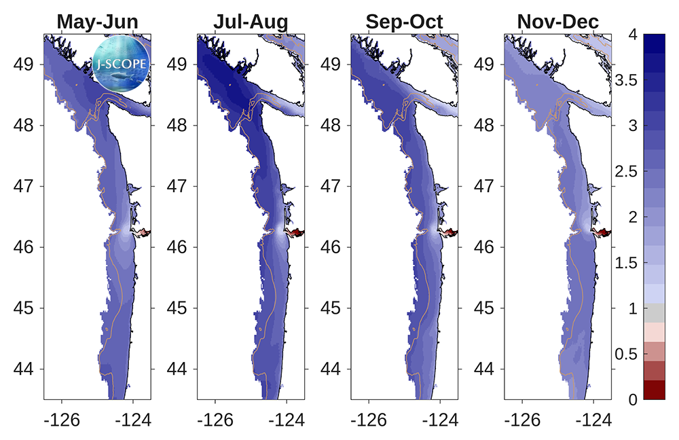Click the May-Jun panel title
(x=97, y=22)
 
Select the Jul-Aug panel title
(x=251, y=22)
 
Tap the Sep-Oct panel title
(x=404, y=22)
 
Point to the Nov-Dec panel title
(x=557, y=22)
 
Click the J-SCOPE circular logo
(x=122, y=64)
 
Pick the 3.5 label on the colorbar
(x=626, y=80)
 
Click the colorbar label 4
(x=633, y=34)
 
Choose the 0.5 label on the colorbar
(x=626, y=354)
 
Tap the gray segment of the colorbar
(x=654, y=312)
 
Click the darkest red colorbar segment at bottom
(x=654, y=390)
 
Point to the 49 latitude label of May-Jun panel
(x=23, y=65)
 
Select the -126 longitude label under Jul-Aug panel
(x=215, y=420)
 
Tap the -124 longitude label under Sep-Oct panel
(x=440, y=420)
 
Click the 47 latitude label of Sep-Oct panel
(x=331, y=186)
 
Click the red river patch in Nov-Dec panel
(x=602, y=233)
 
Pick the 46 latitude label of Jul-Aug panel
(x=177, y=247)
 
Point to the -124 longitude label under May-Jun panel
(x=133, y=420)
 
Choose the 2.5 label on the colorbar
(x=626, y=172)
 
